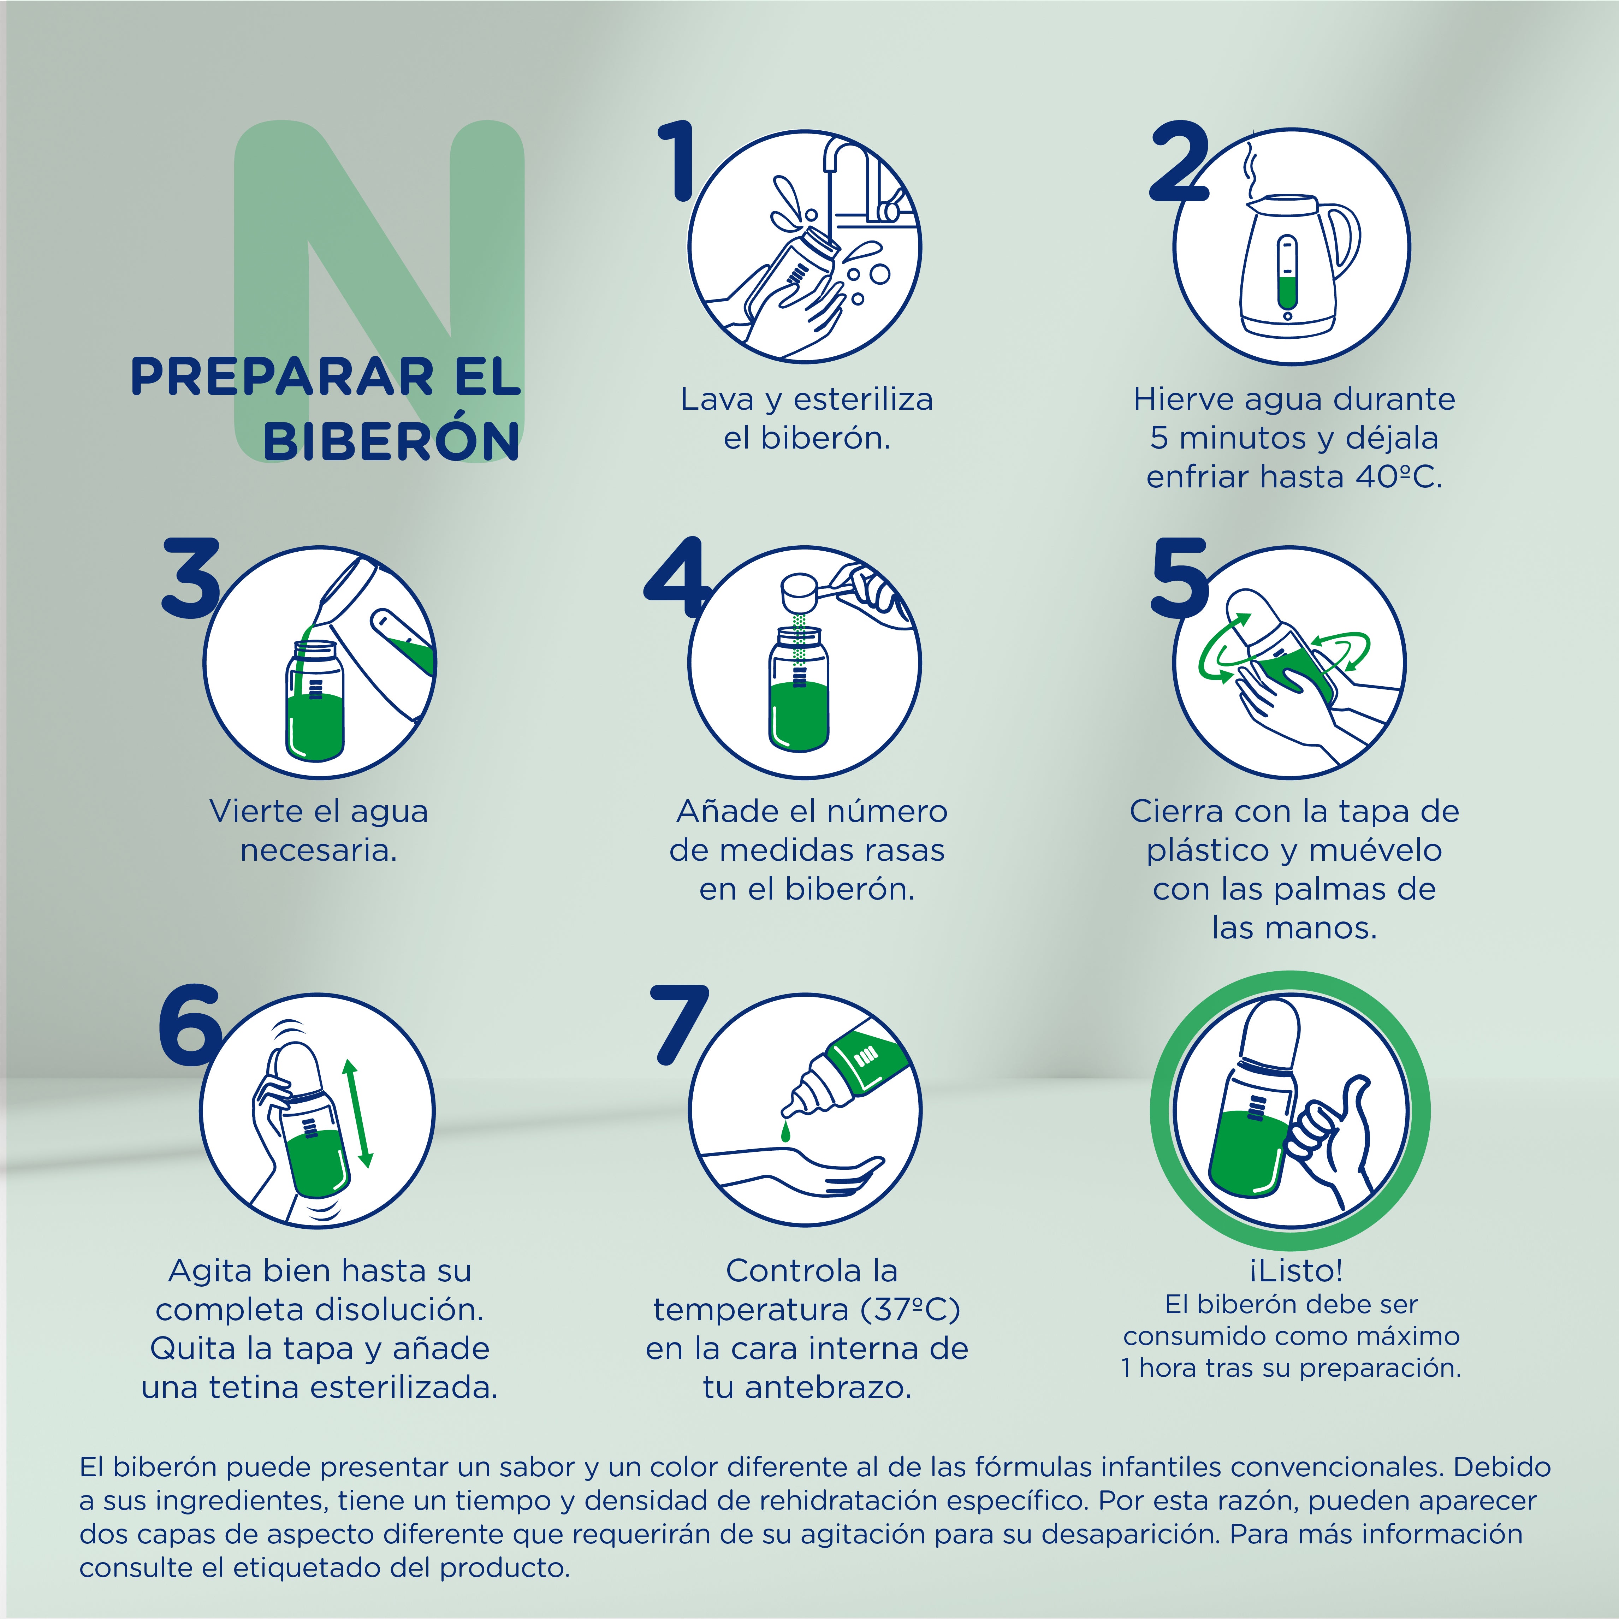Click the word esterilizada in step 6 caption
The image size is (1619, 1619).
(x=405, y=1388)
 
